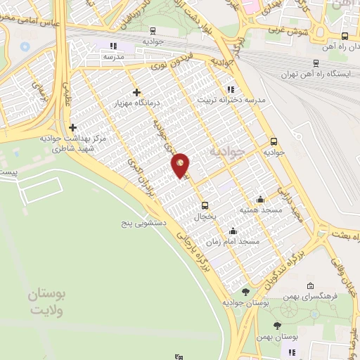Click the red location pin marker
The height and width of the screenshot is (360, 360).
[x=181, y=166]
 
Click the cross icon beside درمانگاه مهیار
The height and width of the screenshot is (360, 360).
[x=136, y=92]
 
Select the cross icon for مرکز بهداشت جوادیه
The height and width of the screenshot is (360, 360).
[x=73, y=127]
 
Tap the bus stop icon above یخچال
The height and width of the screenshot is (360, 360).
[x=205, y=205]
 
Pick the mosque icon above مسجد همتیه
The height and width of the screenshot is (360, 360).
[x=260, y=199]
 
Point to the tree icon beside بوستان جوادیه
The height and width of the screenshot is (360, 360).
[x=245, y=292]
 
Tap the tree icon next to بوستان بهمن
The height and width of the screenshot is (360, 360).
[x=278, y=326]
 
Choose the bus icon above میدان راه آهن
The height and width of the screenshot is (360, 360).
[x=344, y=36]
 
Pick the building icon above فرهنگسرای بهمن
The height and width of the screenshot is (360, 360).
[x=311, y=286]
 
